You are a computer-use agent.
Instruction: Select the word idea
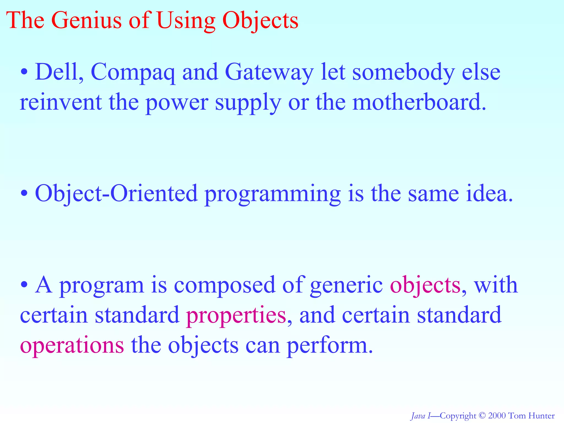coord(489,194)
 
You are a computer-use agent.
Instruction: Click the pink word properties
coord(236,316)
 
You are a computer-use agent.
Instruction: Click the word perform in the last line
coord(329,346)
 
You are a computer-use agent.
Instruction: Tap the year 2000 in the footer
coord(497,416)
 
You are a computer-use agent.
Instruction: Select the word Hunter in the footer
coord(541,416)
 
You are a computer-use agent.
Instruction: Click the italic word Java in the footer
coord(418,416)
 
